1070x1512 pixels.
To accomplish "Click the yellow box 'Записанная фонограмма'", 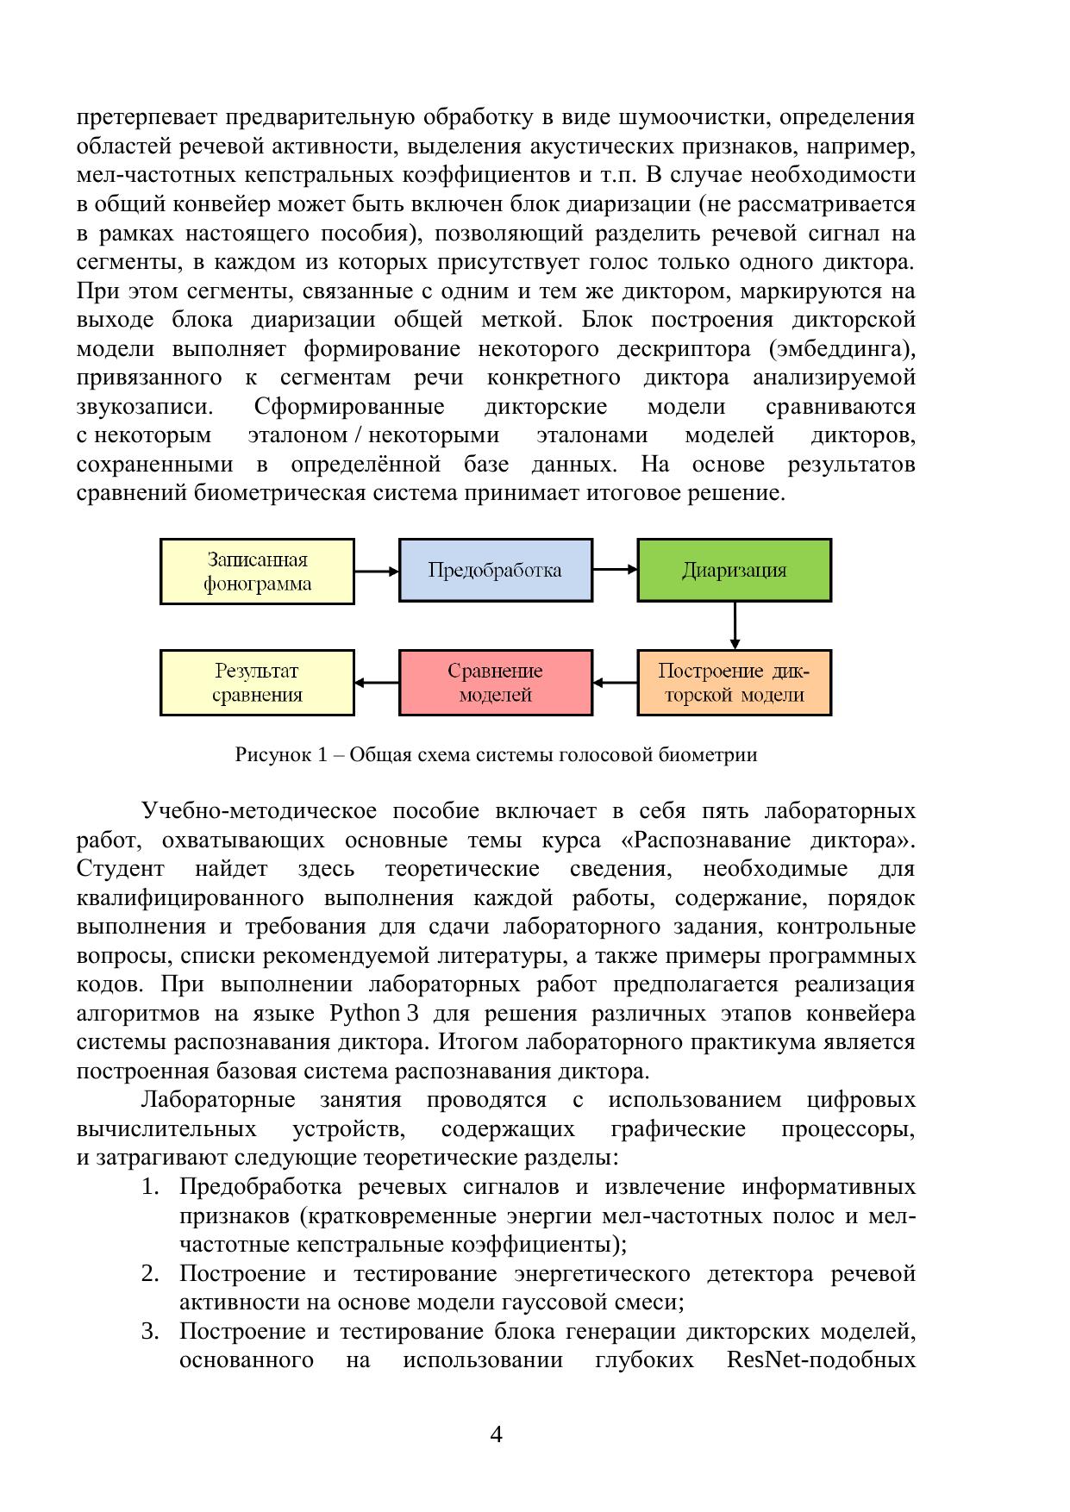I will (257, 572).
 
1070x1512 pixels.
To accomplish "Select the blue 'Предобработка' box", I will (495, 570).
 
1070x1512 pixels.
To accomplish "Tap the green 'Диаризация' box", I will (734, 570).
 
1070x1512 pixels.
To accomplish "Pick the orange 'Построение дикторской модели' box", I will (734, 683).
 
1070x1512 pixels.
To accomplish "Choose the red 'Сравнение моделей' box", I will (495, 683).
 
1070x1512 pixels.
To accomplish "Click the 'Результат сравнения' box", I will (257, 683).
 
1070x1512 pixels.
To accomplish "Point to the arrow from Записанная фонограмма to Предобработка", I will (377, 571).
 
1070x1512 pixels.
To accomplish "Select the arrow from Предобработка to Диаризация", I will (615, 570).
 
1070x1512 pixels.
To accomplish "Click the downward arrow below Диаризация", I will (735, 625).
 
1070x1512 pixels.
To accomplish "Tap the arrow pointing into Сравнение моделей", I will (615, 683).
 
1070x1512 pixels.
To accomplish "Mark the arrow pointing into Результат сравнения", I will (377, 683).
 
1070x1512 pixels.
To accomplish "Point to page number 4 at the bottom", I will (496, 1434).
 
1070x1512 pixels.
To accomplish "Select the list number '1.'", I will (150, 1187).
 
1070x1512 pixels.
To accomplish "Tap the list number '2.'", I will (150, 1274).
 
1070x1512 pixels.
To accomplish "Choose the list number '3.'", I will (150, 1332).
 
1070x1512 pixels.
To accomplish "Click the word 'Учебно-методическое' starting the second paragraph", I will (259, 811).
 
